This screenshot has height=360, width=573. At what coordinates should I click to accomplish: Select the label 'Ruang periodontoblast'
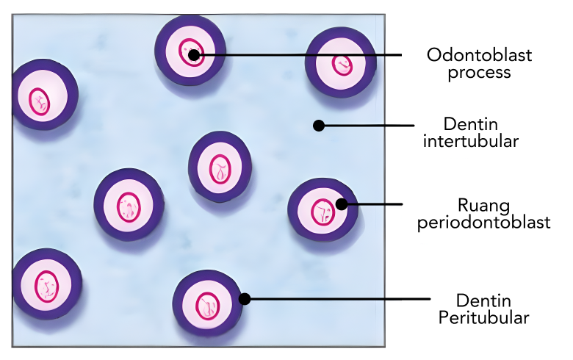click(x=483, y=213)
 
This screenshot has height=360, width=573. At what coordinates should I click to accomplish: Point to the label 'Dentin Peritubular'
click(x=483, y=309)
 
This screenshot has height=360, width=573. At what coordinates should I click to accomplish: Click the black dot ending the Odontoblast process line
click(x=192, y=54)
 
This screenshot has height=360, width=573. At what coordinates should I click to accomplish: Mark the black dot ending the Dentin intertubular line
click(x=319, y=126)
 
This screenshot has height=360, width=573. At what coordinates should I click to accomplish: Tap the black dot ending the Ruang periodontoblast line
click(x=341, y=204)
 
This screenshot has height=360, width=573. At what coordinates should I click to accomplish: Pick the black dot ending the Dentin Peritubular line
click(x=245, y=299)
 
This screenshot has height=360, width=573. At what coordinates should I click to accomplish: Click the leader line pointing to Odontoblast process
click(x=301, y=54)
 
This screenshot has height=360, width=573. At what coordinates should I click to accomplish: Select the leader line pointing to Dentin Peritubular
click(x=338, y=299)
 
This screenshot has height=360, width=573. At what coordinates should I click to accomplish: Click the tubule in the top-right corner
click(x=340, y=63)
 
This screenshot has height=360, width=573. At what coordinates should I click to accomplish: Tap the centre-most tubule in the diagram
click(x=220, y=167)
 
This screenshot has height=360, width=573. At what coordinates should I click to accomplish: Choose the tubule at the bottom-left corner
click(x=46, y=284)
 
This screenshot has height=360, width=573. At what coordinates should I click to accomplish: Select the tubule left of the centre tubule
click(x=129, y=204)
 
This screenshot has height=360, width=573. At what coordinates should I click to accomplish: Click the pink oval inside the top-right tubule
click(x=342, y=64)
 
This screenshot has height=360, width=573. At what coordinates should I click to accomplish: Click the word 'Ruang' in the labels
click(x=483, y=204)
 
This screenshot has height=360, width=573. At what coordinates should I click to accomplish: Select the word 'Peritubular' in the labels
click(x=483, y=317)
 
